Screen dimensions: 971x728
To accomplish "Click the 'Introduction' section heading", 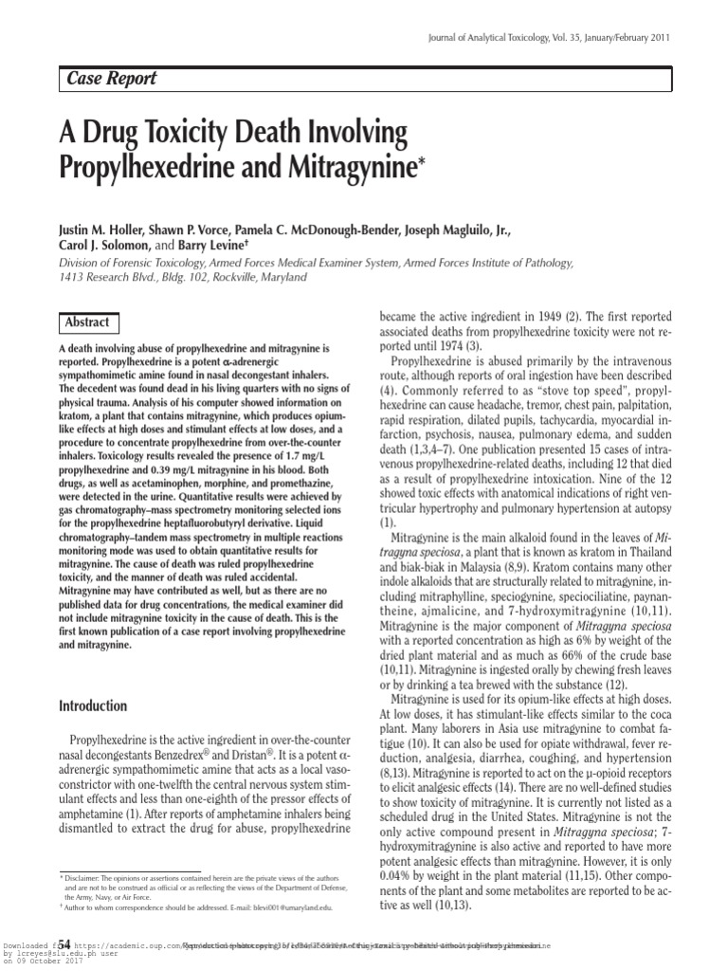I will [x=93, y=705].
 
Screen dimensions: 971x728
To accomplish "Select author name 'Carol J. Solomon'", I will [x=101, y=245].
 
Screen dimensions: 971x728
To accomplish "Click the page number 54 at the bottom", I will [x=64, y=944].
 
